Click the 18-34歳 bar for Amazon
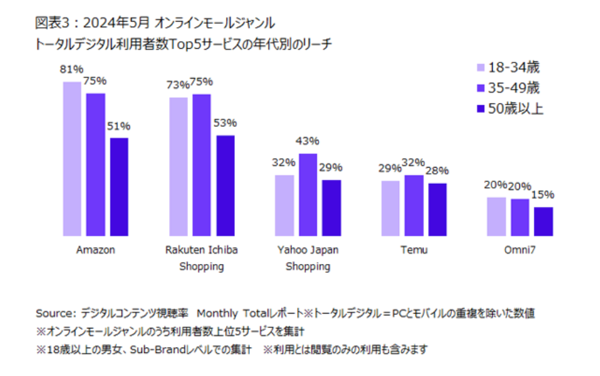pyautogui.click(x=73, y=159)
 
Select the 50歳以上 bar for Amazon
pyautogui.click(x=119, y=187)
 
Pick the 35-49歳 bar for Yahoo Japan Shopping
pyautogui.click(x=308, y=195)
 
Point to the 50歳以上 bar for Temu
pyautogui.click(x=438, y=209)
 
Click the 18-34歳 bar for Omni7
pyautogui.click(x=497, y=217)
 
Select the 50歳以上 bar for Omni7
pyautogui.click(x=543, y=221)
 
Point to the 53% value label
pyautogui.click(x=225, y=123)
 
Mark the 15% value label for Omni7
pyautogui.click(x=543, y=194)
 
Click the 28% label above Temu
pyautogui.click(x=437, y=170)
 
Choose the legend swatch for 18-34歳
pyautogui.click(x=481, y=67)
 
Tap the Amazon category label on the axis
pyautogui.click(x=96, y=250)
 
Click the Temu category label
pyautogui.click(x=414, y=250)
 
